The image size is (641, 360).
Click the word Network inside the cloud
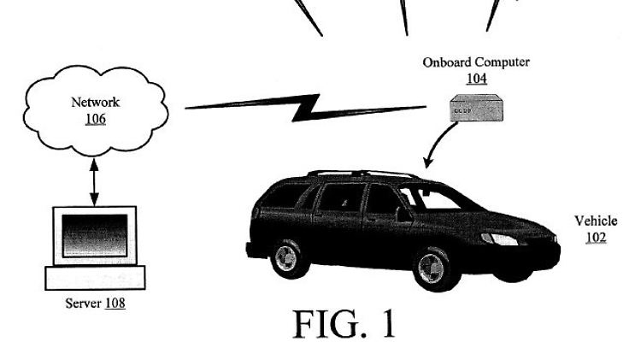(95, 103)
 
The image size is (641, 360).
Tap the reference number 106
(95, 119)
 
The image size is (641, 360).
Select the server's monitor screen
(95, 234)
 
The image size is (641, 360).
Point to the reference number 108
(114, 303)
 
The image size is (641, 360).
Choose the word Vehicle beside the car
(596, 221)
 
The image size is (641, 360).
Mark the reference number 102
(596, 237)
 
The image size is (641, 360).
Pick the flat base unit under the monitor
(95, 277)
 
